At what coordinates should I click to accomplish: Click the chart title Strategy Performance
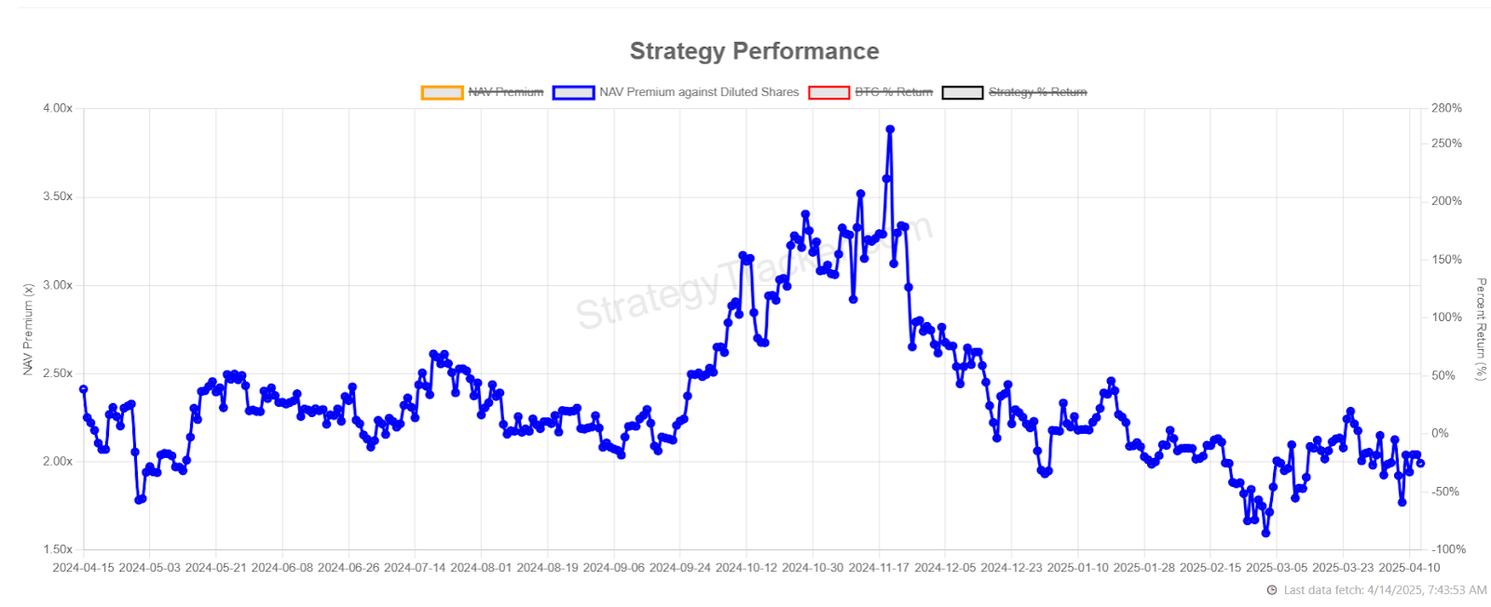click(x=754, y=51)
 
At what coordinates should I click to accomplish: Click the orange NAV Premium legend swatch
click(x=442, y=92)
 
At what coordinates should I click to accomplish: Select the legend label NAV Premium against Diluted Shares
click(x=699, y=92)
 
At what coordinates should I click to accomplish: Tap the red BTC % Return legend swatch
click(x=829, y=92)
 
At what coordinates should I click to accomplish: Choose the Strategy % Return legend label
click(x=1037, y=92)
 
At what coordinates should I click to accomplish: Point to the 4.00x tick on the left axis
click(x=57, y=109)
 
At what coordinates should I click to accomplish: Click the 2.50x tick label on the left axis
click(x=57, y=373)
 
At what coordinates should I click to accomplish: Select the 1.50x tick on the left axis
click(x=57, y=549)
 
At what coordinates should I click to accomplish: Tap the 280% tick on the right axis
click(x=1446, y=109)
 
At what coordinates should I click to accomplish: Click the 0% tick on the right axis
click(x=1441, y=434)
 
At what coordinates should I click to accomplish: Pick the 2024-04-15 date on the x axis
click(x=84, y=567)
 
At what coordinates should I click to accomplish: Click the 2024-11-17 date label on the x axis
click(x=879, y=567)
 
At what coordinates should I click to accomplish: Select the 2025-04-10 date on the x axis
click(x=1409, y=567)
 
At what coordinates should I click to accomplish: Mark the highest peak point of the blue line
click(x=890, y=129)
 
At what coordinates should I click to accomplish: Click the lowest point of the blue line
click(x=1265, y=533)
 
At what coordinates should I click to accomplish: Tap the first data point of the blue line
click(x=84, y=389)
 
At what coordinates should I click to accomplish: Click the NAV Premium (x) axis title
click(x=28, y=330)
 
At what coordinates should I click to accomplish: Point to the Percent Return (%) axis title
click(x=1480, y=330)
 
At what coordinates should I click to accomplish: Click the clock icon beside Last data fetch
click(x=1272, y=590)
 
